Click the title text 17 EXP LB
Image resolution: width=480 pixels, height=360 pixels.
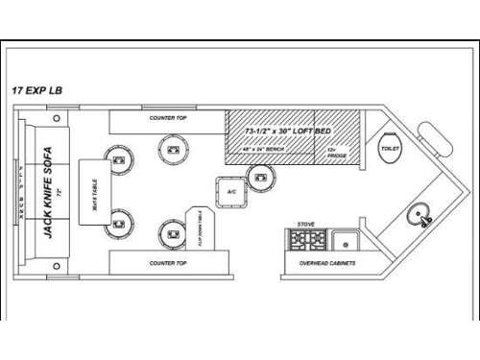[40, 90]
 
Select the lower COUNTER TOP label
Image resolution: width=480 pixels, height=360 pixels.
[167, 261]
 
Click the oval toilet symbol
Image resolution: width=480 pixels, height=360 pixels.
[390, 152]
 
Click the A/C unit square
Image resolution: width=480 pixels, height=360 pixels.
[231, 191]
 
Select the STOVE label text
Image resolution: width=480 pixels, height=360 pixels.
[302, 224]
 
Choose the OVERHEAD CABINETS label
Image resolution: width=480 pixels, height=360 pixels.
[323, 261]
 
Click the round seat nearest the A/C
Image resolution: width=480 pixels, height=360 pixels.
[260, 176]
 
